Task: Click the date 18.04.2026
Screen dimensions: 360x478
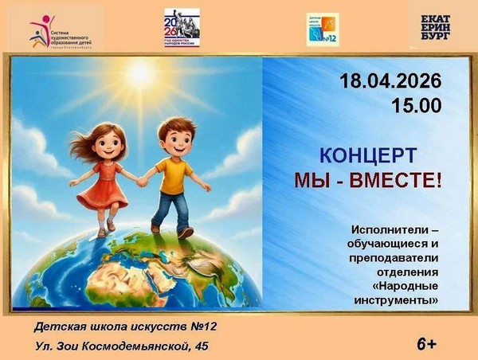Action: pyautogui.click(x=390, y=81)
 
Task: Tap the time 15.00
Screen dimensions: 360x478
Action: pyautogui.click(x=416, y=105)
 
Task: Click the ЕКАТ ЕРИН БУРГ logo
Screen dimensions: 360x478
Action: pyautogui.click(x=440, y=28)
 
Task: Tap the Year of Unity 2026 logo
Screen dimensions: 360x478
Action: pyautogui.click(x=182, y=28)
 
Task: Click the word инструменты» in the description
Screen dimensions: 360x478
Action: pyautogui.click(x=397, y=299)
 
